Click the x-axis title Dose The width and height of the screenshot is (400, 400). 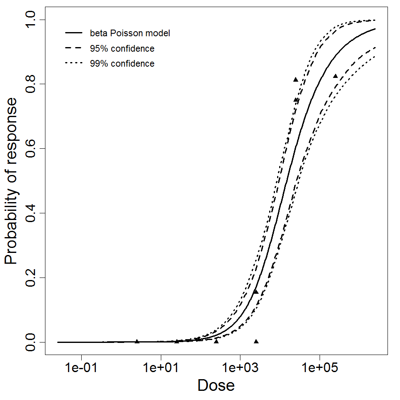point(216,385)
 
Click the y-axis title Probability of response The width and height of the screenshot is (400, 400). point(11,181)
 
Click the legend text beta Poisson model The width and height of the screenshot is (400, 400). point(130,33)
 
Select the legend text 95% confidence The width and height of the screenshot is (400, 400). point(122,48)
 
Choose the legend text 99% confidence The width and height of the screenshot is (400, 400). point(122,64)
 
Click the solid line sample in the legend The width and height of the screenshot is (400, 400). point(73,32)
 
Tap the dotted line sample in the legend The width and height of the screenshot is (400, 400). point(73,63)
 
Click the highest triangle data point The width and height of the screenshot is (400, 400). point(295,79)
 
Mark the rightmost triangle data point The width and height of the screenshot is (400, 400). point(335,76)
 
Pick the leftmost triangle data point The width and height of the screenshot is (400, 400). point(137,341)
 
